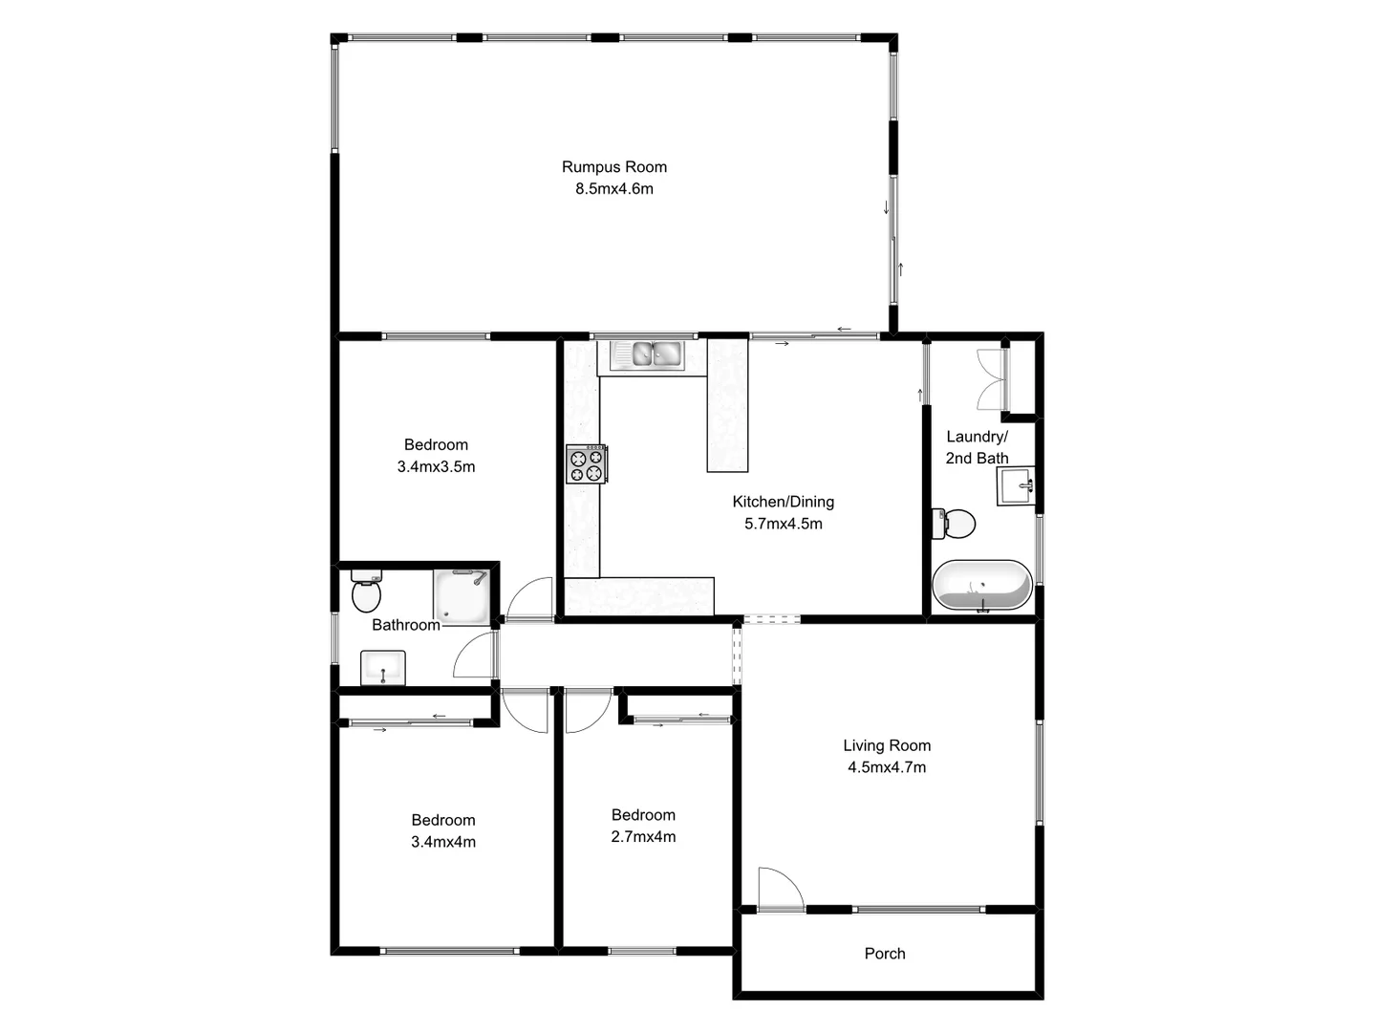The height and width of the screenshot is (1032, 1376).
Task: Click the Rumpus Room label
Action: coord(614,167)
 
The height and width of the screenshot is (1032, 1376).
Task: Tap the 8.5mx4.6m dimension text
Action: coord(614,189)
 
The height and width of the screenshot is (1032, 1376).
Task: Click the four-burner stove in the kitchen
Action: coord(586,464)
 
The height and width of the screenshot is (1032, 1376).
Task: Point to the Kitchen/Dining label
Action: coord(784,502)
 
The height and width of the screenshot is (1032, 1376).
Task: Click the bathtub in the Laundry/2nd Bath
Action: coord(981,585)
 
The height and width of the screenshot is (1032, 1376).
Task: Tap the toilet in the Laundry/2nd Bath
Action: coord(955,524)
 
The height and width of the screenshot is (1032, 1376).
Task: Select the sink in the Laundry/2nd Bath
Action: coord(1016,485)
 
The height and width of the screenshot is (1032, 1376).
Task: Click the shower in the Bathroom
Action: coord(462,594)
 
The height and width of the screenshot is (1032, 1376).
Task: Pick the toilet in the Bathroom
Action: coord(366,591)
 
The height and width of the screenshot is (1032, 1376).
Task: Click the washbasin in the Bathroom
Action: coord(383,668)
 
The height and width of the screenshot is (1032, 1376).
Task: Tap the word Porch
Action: coord(885,954)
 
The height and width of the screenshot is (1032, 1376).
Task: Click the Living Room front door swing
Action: coord(778,888)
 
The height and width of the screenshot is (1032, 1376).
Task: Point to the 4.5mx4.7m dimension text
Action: coord(887,767)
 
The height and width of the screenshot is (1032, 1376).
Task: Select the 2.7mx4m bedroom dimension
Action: coord(643,837)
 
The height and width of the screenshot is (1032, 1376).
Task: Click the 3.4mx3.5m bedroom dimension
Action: coord(436,467)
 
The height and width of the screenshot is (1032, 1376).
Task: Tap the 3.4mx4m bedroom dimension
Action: coord(443,842)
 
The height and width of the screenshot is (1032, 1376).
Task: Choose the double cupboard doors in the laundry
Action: coord(992,378)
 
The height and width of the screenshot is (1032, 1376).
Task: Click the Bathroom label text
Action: coord(406,625)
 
